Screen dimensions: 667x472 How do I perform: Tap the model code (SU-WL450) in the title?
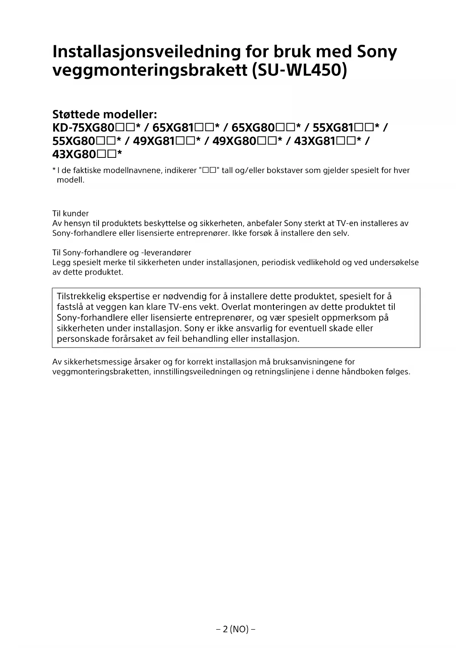300,71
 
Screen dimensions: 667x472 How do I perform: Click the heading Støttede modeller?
105,114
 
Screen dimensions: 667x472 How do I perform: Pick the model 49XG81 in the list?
154,141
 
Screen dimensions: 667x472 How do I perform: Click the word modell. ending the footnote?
70,180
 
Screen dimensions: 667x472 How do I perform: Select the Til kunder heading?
70,213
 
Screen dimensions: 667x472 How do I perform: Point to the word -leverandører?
166,253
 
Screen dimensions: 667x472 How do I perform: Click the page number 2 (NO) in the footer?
235,629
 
